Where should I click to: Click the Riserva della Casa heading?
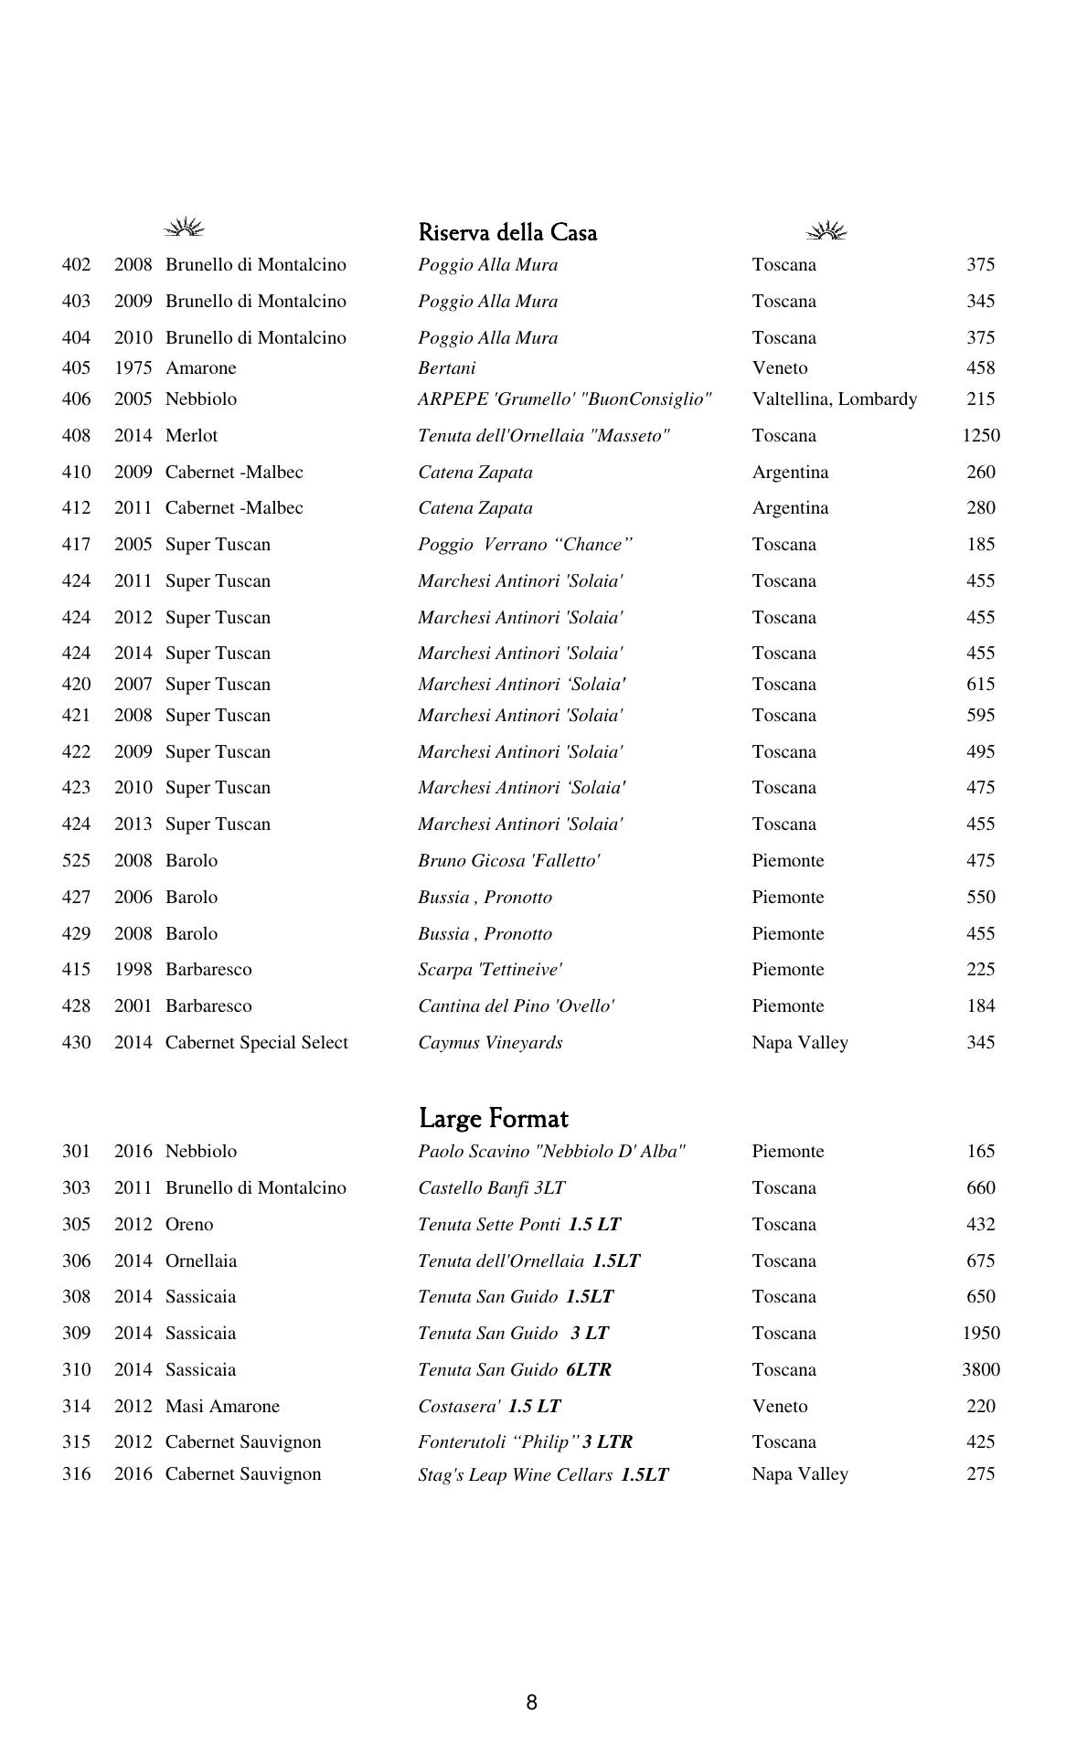pyautogui.click(x=507, y=232)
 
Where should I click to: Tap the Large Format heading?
pyautogui.click(x=494, y=1118)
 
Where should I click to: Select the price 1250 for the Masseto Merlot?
pyautogui.click(x=980, y=436)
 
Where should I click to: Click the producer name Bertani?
pyautogui.click(x=446, y=368)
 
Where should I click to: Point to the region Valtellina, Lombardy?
pyautogui.click(x=834, y=399)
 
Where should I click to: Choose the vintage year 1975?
pyautogui.click(x=133, y=368)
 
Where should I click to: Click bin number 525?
pyautogui.click(x=76, y=861)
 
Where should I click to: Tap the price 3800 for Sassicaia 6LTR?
pyautogui.click(x=980, y=1370)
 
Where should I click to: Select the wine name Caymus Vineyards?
pyautogui.click(x=490, y=1043)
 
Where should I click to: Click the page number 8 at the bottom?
pyautogui.click(x=531, y=1702)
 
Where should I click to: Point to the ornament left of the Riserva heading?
pyautogui.click(x=185, y=228)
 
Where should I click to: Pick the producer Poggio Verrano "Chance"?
pyautogui.click(x=525, y=545)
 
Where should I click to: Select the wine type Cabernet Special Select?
pyautogui.click(x=256, y=1043)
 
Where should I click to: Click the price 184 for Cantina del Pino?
pyautogui.click(x=980, y=1006)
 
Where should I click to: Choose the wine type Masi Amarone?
pyautogui.click(x=222, y=1407)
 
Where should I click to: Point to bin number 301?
pyautogui.click(x=76, y=1152)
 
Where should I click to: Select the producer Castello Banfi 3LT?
pyautogui.click(x=491, y=1188)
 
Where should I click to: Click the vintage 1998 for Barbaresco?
pyautogui.click(x=133, y=970)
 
